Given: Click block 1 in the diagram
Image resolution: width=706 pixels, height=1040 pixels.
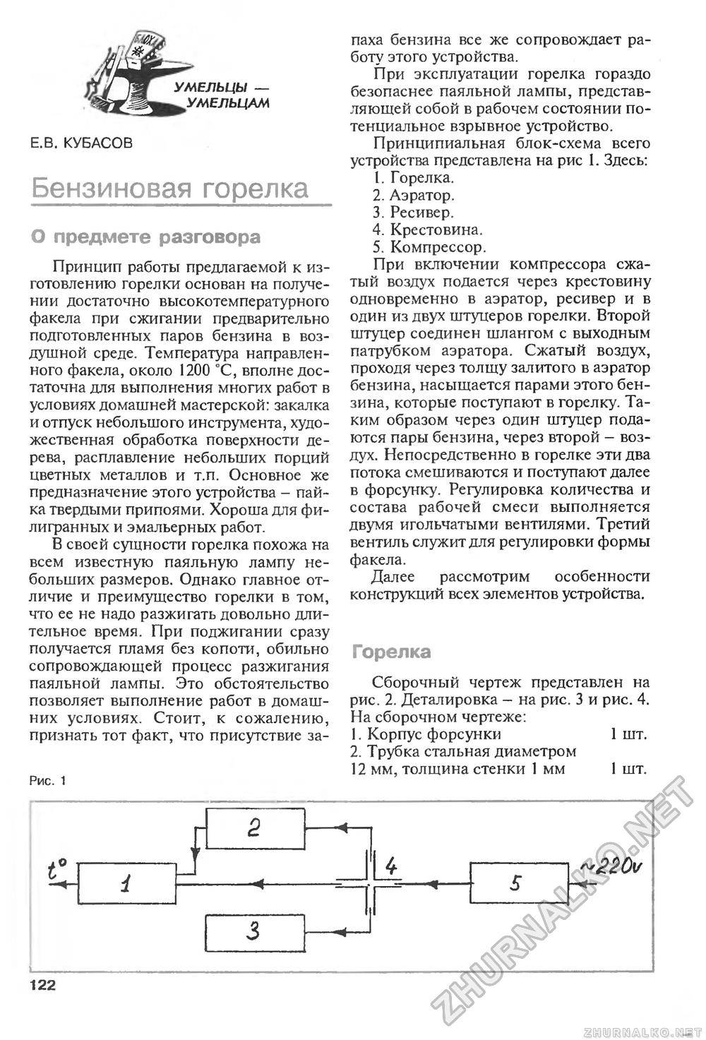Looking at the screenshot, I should click(x=126, y=883).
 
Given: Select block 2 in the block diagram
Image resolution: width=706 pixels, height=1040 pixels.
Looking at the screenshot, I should click(x=255, y=827).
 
